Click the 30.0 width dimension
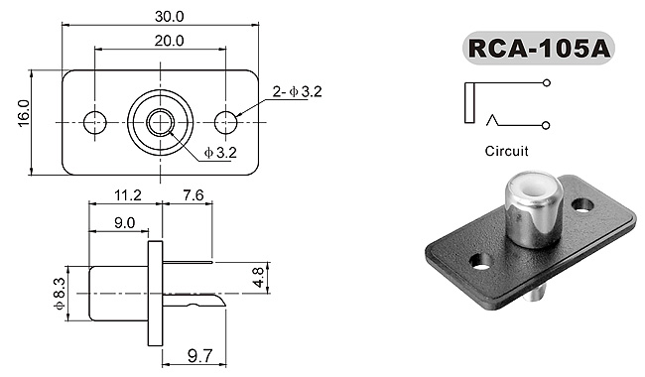pyautogui.click(x=169, y=17)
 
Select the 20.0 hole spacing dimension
pyautogui.click(x=169, y=41)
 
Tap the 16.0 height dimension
pyautogui.click(x=24, y=113)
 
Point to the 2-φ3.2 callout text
pyautogui.click(x=298, y=91)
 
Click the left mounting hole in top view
pyautogui.click(x=95, y=122)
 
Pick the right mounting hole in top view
pyautogui.click(x=226, y=122)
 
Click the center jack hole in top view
pyautogui.click(x=161, y=122)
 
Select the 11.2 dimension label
pyautogui.click(x=128, y=194)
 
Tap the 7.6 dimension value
pyautogui.click(x=193, y=194)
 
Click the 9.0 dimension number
pyautogui.click(x=124, y=223)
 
